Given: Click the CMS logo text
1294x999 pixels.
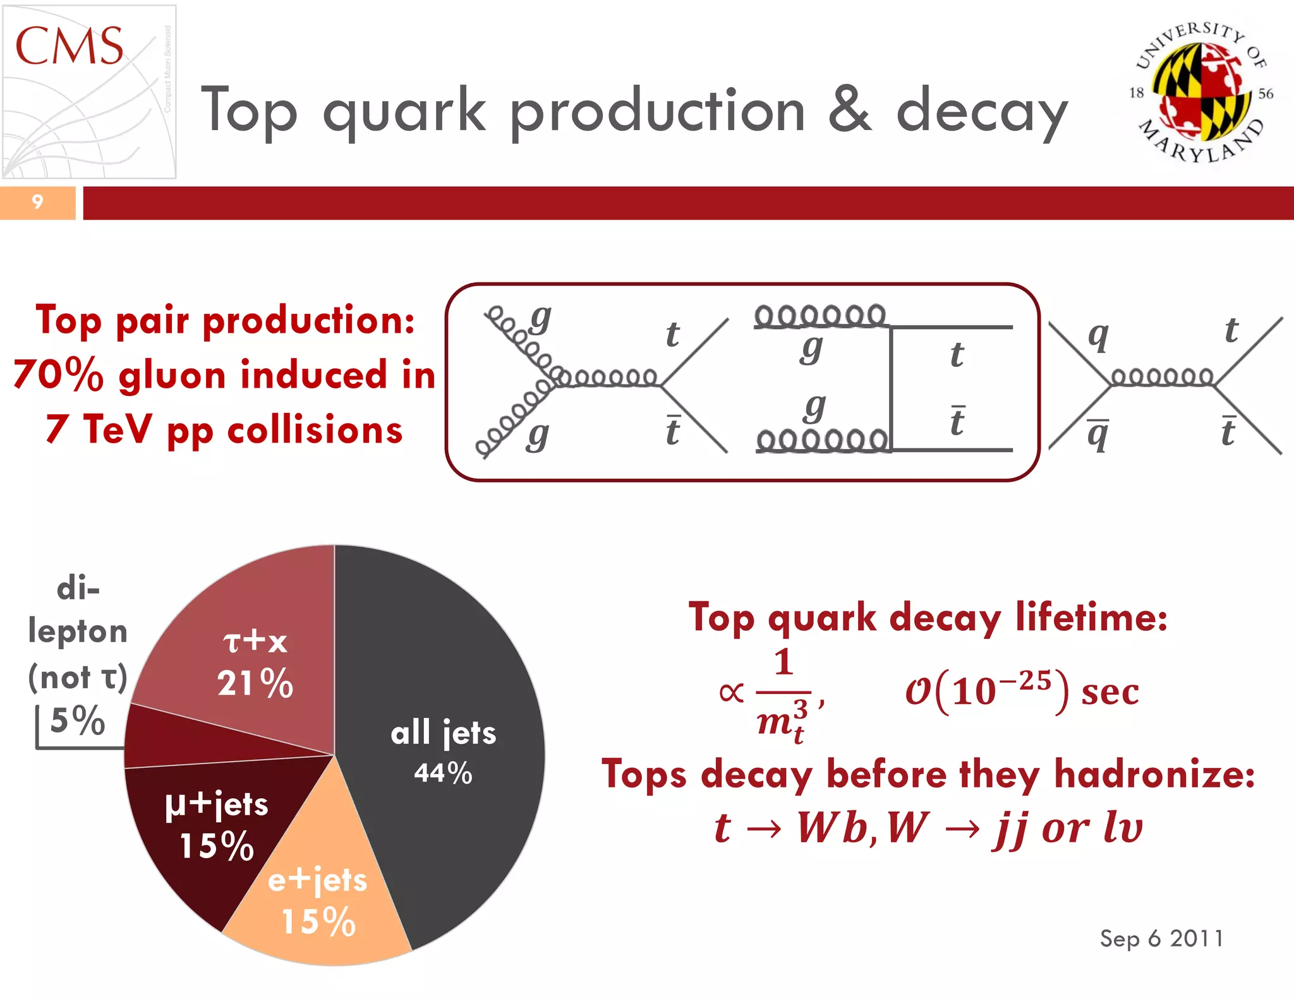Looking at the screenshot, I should pyautogui.click(x=69, y=46).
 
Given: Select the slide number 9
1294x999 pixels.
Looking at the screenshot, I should pyautogui.click(x=37, y=202).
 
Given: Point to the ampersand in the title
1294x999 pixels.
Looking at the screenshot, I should pyautogui.click(x=850, y=111).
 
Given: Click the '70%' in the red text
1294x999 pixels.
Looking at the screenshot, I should pyautogui.click(x=58, y=375).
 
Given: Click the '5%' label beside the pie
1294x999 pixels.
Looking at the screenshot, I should pyautogui.click(x=77, y=721).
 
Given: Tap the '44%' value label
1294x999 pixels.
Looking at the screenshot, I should pyautogui.click(x=443, y=773).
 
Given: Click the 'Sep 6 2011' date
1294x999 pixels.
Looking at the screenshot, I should pyautogui.click(x=1161, y=938).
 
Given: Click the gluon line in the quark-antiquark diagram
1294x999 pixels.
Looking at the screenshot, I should pyautogui.click(x=1163, y=378).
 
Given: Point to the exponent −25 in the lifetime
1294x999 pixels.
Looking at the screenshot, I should pyautogui.click(x=1025, y=680).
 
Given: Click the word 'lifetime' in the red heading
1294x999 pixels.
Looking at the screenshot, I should pyautogui.click(x=1091, y=617).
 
